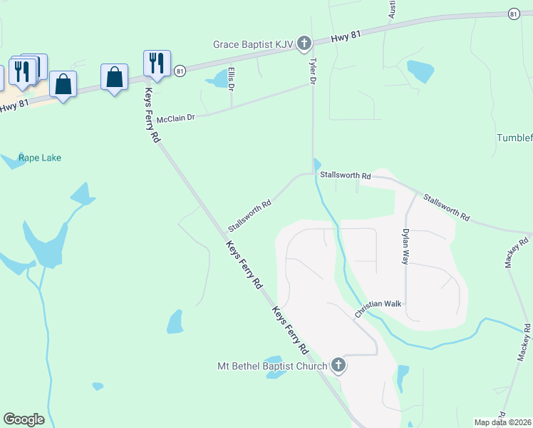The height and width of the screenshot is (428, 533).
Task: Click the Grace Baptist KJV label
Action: pos(253,44)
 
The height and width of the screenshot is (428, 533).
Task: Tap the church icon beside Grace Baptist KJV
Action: pos(304,44)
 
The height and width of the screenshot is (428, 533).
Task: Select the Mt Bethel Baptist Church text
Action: pos(271,367)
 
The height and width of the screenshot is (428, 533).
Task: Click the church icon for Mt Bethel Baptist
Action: pos(338,366)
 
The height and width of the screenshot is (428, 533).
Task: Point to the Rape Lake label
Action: pos(40,158)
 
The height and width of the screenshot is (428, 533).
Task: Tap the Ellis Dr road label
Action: pos(231,78)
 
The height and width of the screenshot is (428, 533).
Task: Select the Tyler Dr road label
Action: pos(311,72)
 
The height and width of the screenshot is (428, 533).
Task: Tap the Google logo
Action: pos(24,419)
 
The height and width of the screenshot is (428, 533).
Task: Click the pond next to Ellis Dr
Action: pos(217,79)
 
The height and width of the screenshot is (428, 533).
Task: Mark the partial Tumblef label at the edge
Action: pos(514,138)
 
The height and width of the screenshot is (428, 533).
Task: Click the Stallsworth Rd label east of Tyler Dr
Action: pos(346,175)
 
